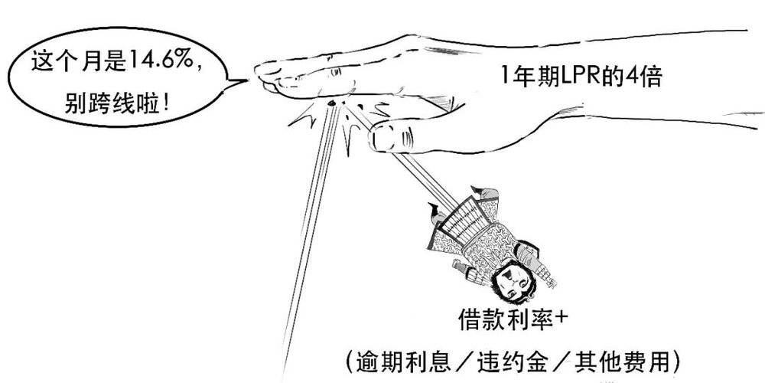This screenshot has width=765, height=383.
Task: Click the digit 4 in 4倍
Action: (632, 77)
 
